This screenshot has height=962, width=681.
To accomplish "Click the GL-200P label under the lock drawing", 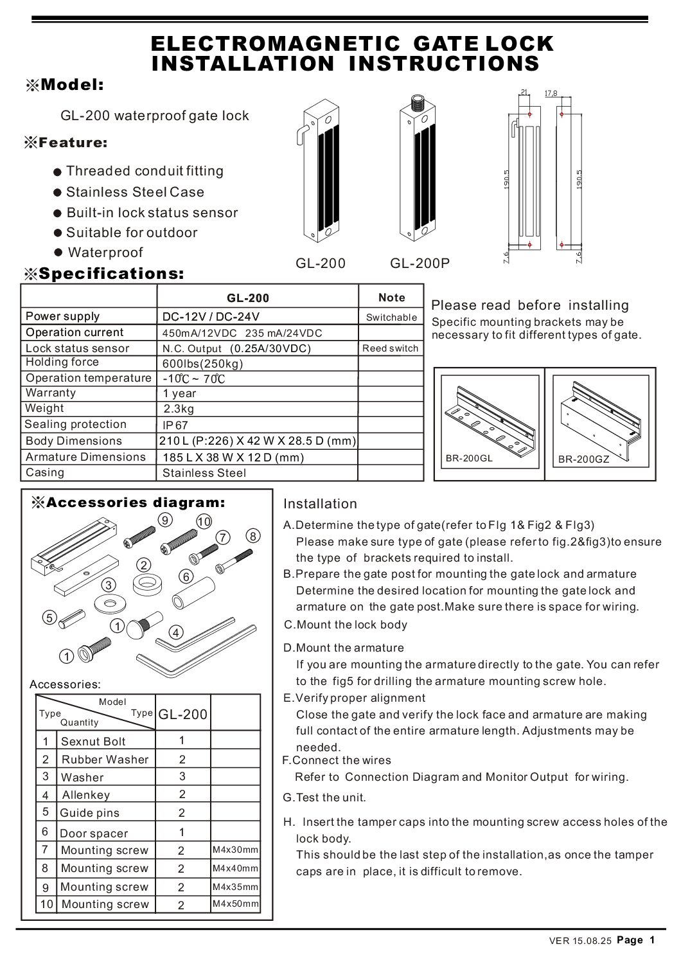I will [420, 263].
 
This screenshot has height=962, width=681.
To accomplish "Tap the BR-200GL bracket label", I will [469, 458].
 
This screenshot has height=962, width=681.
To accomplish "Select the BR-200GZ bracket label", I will [583, 459].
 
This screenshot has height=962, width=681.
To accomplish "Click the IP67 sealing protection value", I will [175, 425].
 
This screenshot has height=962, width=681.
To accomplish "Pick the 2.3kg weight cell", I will [179, 409].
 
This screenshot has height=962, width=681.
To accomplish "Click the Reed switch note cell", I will [390, 348].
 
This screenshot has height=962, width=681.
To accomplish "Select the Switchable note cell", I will [391, 317].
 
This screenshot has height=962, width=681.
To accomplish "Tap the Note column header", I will [391, 298].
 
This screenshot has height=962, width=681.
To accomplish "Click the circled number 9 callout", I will [165, 519].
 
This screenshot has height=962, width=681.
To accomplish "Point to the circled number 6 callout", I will [186, 576].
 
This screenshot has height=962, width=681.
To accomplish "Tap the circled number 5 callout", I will [49, 618].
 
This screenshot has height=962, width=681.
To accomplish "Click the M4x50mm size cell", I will [235, 904].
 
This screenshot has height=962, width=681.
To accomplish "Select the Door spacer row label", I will [94, 833].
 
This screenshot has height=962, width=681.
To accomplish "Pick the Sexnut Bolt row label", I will [93, 742].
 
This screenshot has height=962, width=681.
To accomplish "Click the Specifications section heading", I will [111, 274].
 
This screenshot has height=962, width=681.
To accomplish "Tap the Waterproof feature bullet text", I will [105, 253].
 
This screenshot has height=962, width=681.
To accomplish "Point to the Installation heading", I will [320, 504].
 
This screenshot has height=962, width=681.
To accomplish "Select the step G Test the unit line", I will [324, 797].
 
